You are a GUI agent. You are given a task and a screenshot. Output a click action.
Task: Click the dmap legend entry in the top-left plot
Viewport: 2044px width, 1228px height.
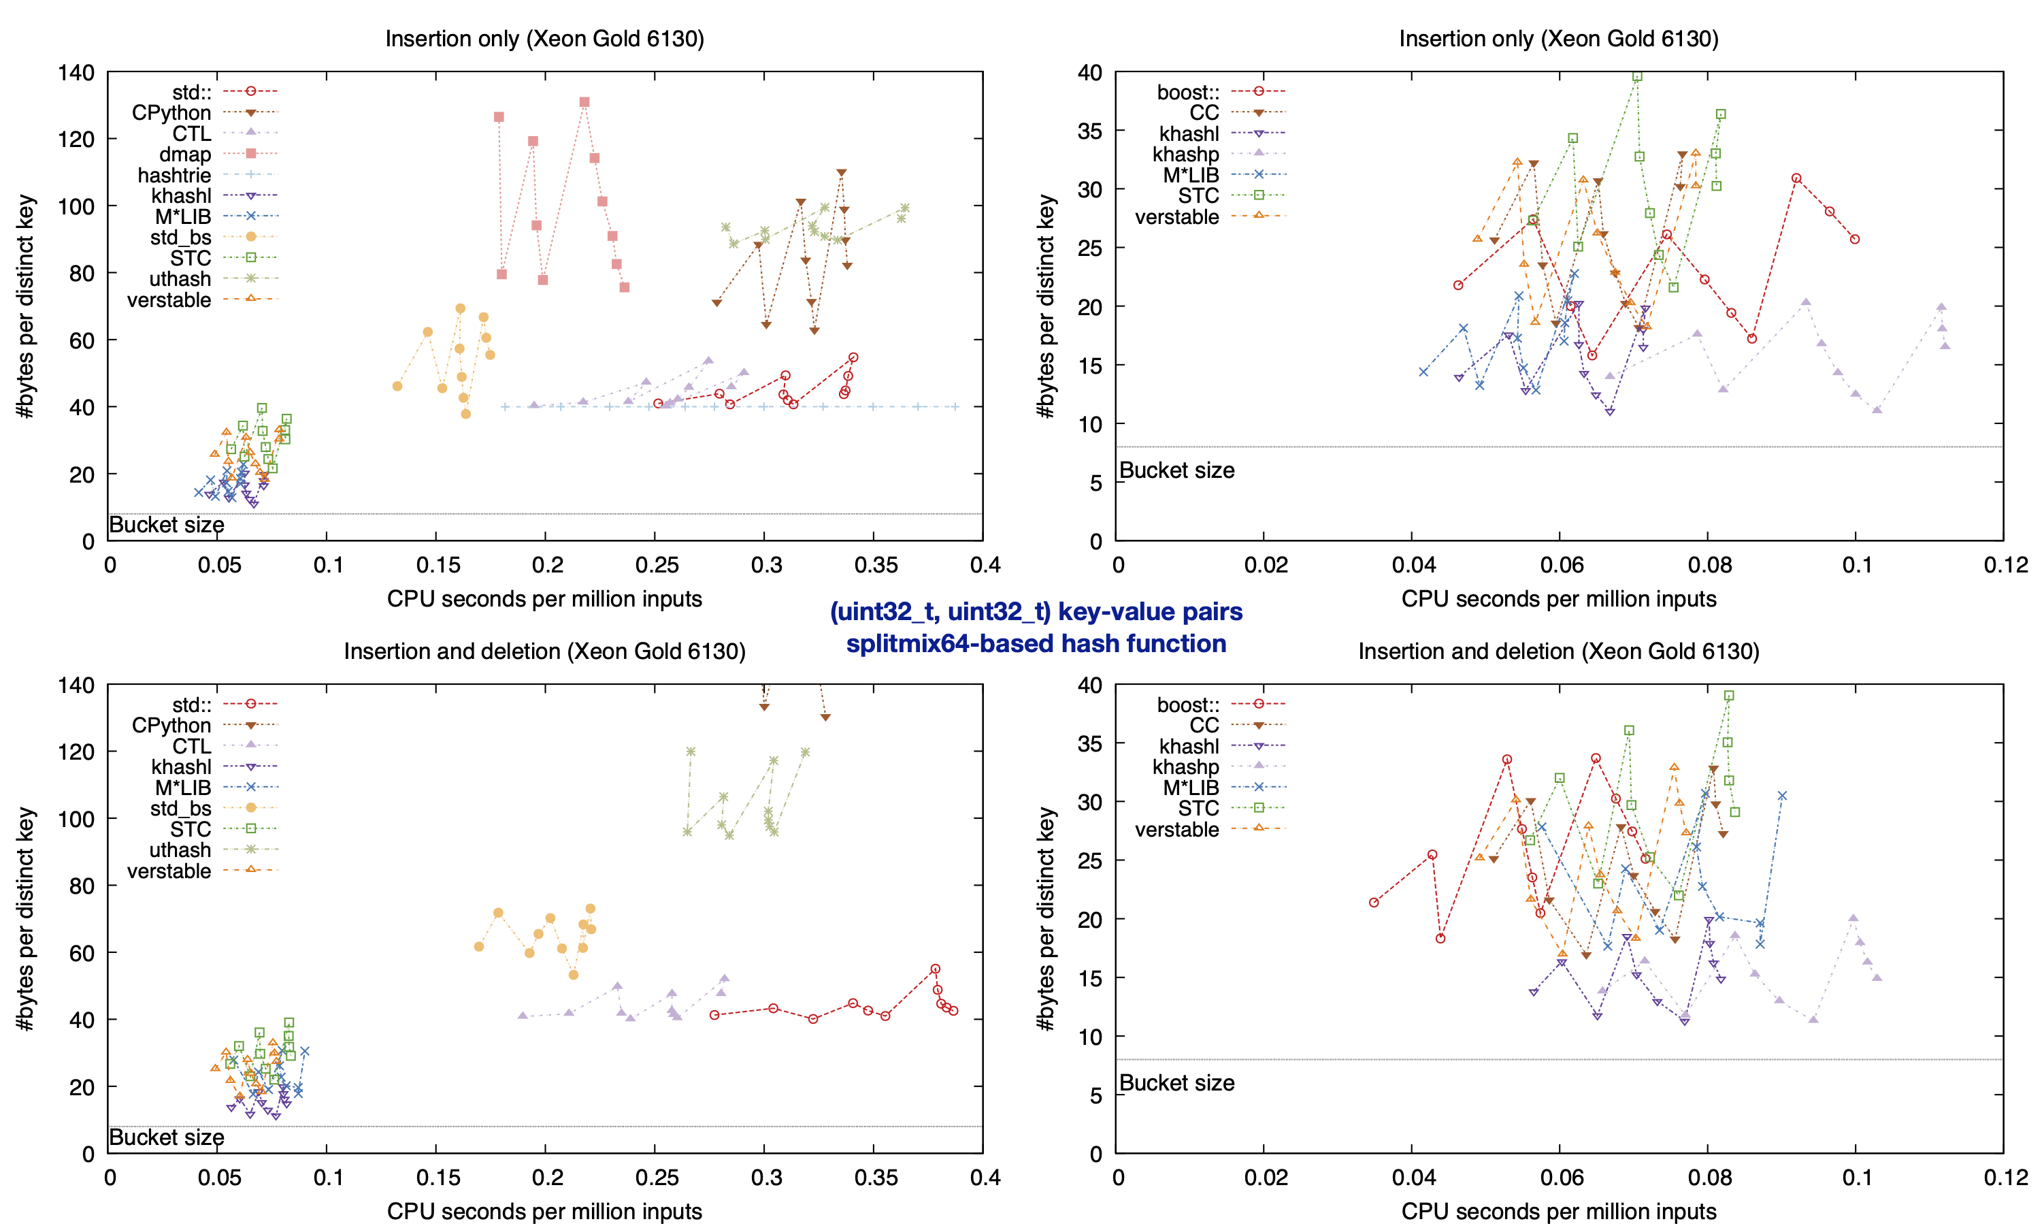point(185,154)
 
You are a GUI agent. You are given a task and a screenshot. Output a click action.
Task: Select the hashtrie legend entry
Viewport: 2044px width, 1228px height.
point(175,174)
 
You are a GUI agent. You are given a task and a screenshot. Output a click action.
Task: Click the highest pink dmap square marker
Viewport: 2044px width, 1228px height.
point(584,103)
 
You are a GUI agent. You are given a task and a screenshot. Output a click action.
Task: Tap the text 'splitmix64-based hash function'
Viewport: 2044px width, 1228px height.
point(1036,643)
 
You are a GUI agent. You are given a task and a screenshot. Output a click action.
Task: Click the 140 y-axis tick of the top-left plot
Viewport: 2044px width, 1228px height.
point(76,73)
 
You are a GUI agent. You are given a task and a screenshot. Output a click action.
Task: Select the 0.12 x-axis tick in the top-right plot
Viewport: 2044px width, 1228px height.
point(2005,565)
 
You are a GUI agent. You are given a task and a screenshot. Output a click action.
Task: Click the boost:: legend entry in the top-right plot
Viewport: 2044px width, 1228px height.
point(1188,92)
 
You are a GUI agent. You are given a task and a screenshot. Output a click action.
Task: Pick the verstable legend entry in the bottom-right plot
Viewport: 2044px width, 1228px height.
point(1176,829)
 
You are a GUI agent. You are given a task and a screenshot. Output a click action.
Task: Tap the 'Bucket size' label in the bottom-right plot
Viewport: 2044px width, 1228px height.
point(1176,1082)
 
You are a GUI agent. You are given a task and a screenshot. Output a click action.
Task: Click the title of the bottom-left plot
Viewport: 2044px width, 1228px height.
point(544,651)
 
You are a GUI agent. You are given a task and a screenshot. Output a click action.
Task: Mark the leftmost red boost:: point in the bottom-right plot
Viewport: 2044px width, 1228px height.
point(1374,902)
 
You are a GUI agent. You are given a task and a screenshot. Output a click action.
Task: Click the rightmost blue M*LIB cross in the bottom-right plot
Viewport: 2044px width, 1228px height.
point(1782,796)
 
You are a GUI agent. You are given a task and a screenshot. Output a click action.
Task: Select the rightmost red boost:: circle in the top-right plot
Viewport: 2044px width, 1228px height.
point(1856,239)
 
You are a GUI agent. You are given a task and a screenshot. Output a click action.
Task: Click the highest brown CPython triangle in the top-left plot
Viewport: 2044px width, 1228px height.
point(841,173)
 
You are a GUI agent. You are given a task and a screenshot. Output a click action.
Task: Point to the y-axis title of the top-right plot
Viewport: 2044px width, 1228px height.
point(1046,306)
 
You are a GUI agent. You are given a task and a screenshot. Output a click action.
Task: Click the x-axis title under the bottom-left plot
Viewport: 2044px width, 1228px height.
point(544,1210)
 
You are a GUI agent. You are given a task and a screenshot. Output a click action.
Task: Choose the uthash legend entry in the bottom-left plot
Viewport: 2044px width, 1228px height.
point(180,850)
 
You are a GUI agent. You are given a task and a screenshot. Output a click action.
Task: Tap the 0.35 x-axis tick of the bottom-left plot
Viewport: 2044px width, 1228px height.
point(875,1178)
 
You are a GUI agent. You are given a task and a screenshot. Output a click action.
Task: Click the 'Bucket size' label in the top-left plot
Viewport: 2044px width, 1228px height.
point(166,525)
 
